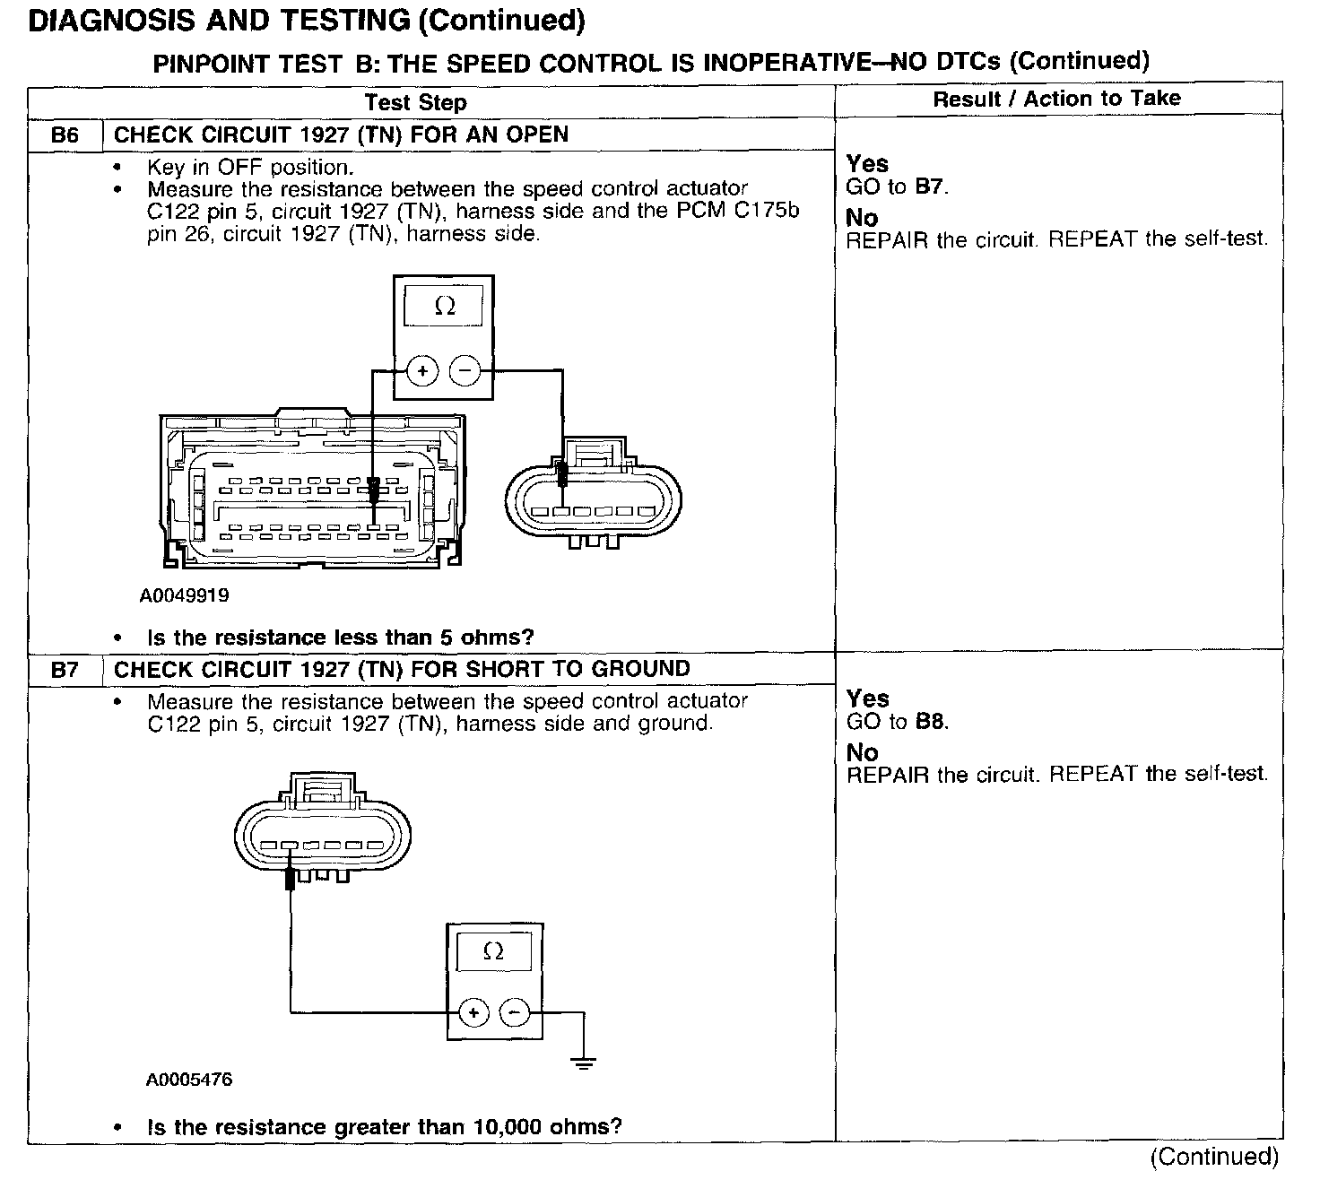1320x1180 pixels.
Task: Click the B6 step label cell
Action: click(65, 135)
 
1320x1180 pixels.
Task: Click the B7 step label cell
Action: click(65, 670)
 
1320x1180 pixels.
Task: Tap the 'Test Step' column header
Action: click(415, 102)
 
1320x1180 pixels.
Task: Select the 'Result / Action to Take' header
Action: click(1056, 99)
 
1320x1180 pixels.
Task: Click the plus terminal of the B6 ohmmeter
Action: click(422, 370)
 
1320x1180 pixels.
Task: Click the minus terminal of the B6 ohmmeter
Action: click(465, 370)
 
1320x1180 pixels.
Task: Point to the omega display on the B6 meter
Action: click(444, 307)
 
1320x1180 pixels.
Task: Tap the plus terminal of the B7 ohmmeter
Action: click(473, 1013)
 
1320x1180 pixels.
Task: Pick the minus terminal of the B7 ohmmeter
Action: click(515, 1013)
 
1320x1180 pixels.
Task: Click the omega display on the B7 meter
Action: click(493, 951)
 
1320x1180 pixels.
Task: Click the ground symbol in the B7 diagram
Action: click(583, 1063)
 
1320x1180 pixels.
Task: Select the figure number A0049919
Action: click(184, 595)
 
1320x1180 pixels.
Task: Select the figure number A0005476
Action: click(189, 1080)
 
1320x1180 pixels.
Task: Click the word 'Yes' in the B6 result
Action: click(867, 164)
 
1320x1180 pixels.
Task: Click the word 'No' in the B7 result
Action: click(862, 752)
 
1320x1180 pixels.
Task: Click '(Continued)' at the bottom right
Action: click(1214, 1157)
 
